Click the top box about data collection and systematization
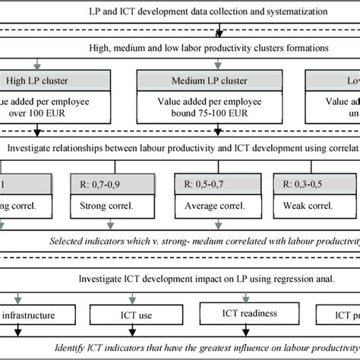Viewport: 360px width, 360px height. point(180,13)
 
